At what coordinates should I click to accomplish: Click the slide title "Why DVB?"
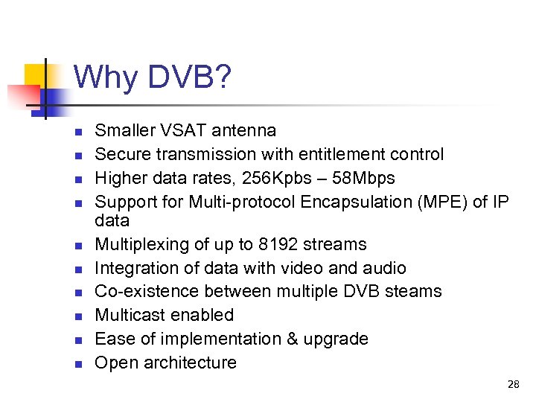pos(153,77)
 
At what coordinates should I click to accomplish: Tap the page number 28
pos(513,384)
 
